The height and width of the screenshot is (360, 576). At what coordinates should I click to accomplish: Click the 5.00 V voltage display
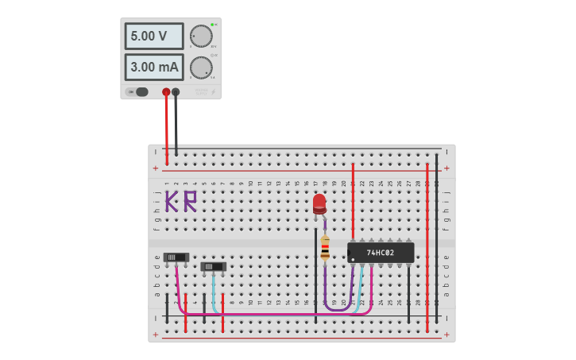coord(153,37)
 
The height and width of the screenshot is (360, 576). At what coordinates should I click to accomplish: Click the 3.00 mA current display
coord(153,68)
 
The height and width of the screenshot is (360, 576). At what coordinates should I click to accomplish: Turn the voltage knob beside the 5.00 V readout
coord(201,37)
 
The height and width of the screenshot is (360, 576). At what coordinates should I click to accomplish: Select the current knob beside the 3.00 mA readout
coord(201,68)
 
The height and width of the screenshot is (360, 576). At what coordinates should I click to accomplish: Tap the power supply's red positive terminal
coord(166,92)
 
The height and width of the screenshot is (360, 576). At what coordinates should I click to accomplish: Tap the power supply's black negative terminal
coord(176,92)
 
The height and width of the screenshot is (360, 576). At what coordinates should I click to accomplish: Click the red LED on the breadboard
coord(319,203)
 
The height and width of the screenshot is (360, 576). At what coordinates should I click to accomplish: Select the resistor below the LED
coord(325,248)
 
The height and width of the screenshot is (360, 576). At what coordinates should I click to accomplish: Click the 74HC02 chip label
coord(381,253)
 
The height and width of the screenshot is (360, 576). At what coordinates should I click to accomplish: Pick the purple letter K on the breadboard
coord(172,201)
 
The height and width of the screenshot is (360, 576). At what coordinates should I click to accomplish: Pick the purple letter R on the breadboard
coord(190,201)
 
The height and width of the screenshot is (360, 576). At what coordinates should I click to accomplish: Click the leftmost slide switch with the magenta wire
coord(176,257)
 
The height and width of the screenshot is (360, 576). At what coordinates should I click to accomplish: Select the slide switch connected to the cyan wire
coord(213,267)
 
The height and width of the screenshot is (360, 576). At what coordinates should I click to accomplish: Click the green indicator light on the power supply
coord(213,25)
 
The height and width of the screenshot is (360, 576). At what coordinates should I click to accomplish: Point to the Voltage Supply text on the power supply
coord(202,92)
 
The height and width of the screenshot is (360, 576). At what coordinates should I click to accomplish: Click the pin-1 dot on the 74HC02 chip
coord(352,258)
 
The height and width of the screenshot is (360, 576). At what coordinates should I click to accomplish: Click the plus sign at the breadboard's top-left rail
coord(155,168)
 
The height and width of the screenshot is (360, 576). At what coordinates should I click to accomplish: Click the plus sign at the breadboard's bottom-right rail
coord(446,335)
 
